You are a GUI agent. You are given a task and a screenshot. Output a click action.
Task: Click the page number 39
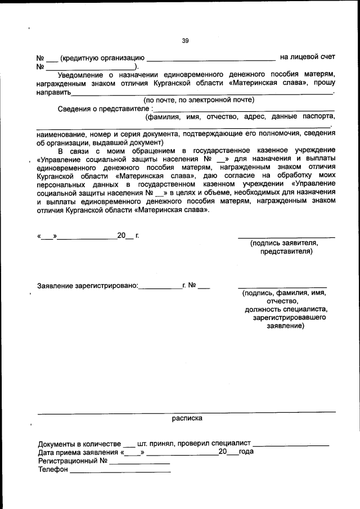(186, 40)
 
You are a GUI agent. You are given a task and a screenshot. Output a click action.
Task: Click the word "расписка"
(187, 418)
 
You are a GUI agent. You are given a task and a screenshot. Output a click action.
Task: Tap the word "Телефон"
(52, 470)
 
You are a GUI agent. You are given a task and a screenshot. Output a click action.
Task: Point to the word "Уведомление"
(82, 74)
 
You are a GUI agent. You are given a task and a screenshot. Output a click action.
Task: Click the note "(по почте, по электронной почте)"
(199, 100)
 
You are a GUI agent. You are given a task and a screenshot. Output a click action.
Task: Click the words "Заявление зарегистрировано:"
(87, 286)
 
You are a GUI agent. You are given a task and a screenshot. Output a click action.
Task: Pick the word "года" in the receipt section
(246, 452)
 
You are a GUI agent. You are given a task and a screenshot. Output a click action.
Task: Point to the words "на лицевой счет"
(307, 57)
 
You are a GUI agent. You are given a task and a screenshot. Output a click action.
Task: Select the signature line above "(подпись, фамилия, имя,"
(282, 287)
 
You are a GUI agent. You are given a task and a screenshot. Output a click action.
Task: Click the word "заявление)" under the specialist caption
(285, 326)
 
